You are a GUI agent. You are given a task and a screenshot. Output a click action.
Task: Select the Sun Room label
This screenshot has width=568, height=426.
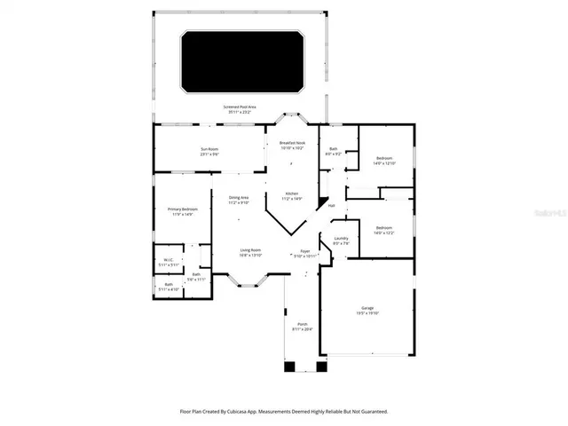[209, 151]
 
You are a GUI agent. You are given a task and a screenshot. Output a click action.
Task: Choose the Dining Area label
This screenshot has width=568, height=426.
[239, 199]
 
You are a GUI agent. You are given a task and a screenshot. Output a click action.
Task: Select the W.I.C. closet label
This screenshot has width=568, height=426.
[169, 262]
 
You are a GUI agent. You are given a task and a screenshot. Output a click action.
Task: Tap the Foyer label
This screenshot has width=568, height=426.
[304, 253]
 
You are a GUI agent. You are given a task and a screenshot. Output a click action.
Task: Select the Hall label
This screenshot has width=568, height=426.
[331, 206]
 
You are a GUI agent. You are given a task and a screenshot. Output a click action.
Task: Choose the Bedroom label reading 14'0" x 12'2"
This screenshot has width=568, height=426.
[383, 230]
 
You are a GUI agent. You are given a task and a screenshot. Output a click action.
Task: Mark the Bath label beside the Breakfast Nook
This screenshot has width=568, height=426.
[333, 151]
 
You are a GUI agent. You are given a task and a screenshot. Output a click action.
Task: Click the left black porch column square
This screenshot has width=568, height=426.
[289, 366]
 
